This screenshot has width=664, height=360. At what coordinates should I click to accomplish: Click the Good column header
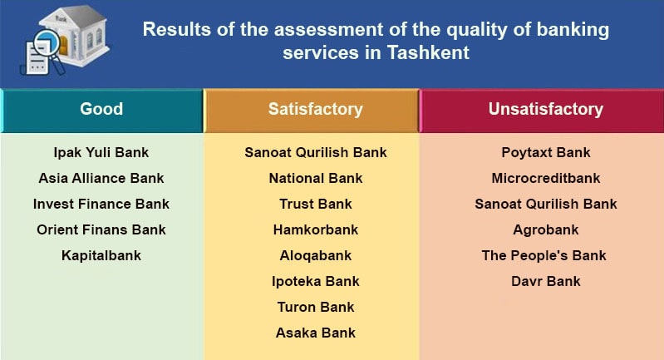coord(101,109)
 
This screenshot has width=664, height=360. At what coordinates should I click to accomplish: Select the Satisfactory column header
coord(315,109)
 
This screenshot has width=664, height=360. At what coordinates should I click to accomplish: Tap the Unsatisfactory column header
coord(545,109)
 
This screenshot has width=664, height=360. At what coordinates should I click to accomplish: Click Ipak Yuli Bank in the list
coord(101,153)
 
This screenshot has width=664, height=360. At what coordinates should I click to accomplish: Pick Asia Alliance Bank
coord(101,178)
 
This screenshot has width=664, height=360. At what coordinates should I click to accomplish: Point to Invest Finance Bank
coord(101,204)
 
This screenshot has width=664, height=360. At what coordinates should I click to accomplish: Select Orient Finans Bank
coord(101,229)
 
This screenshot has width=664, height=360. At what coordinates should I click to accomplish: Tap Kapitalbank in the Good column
coord(101,255)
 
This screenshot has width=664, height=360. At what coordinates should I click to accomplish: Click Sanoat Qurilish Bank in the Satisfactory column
coord(316,153)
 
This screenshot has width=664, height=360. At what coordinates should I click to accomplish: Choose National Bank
coord(316,178)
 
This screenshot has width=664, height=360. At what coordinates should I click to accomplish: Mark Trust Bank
coord(316,204)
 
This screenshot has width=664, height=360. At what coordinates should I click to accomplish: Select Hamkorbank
coord(316,229)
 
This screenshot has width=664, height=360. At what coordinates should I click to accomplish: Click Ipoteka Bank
coord(316,281)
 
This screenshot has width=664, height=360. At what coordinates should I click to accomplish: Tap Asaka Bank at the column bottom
coord(316,333)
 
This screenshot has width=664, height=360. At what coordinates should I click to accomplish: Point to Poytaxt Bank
coord(546,153)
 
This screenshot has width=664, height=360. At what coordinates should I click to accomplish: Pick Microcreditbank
coord(546,178)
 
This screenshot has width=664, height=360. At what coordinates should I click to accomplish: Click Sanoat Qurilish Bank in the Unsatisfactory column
coord(546,204)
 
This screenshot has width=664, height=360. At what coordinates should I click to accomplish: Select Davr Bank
coord(546,281)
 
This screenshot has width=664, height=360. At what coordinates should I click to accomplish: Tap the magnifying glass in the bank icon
coord(49,43)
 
